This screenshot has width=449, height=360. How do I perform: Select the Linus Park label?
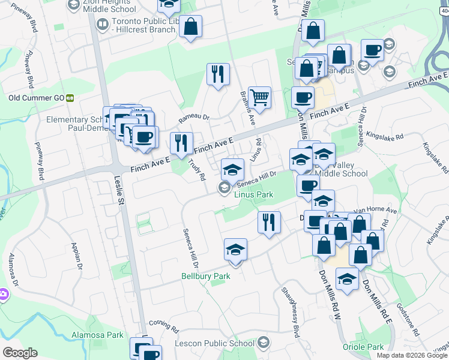[x=253, y=194]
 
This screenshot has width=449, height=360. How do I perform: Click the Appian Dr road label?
[x=76, y=254]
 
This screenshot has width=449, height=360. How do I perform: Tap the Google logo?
[x=20, y=352]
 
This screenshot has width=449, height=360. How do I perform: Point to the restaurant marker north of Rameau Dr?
[x=217, y=74]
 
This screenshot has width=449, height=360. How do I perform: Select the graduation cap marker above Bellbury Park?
[x=235, y=250]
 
